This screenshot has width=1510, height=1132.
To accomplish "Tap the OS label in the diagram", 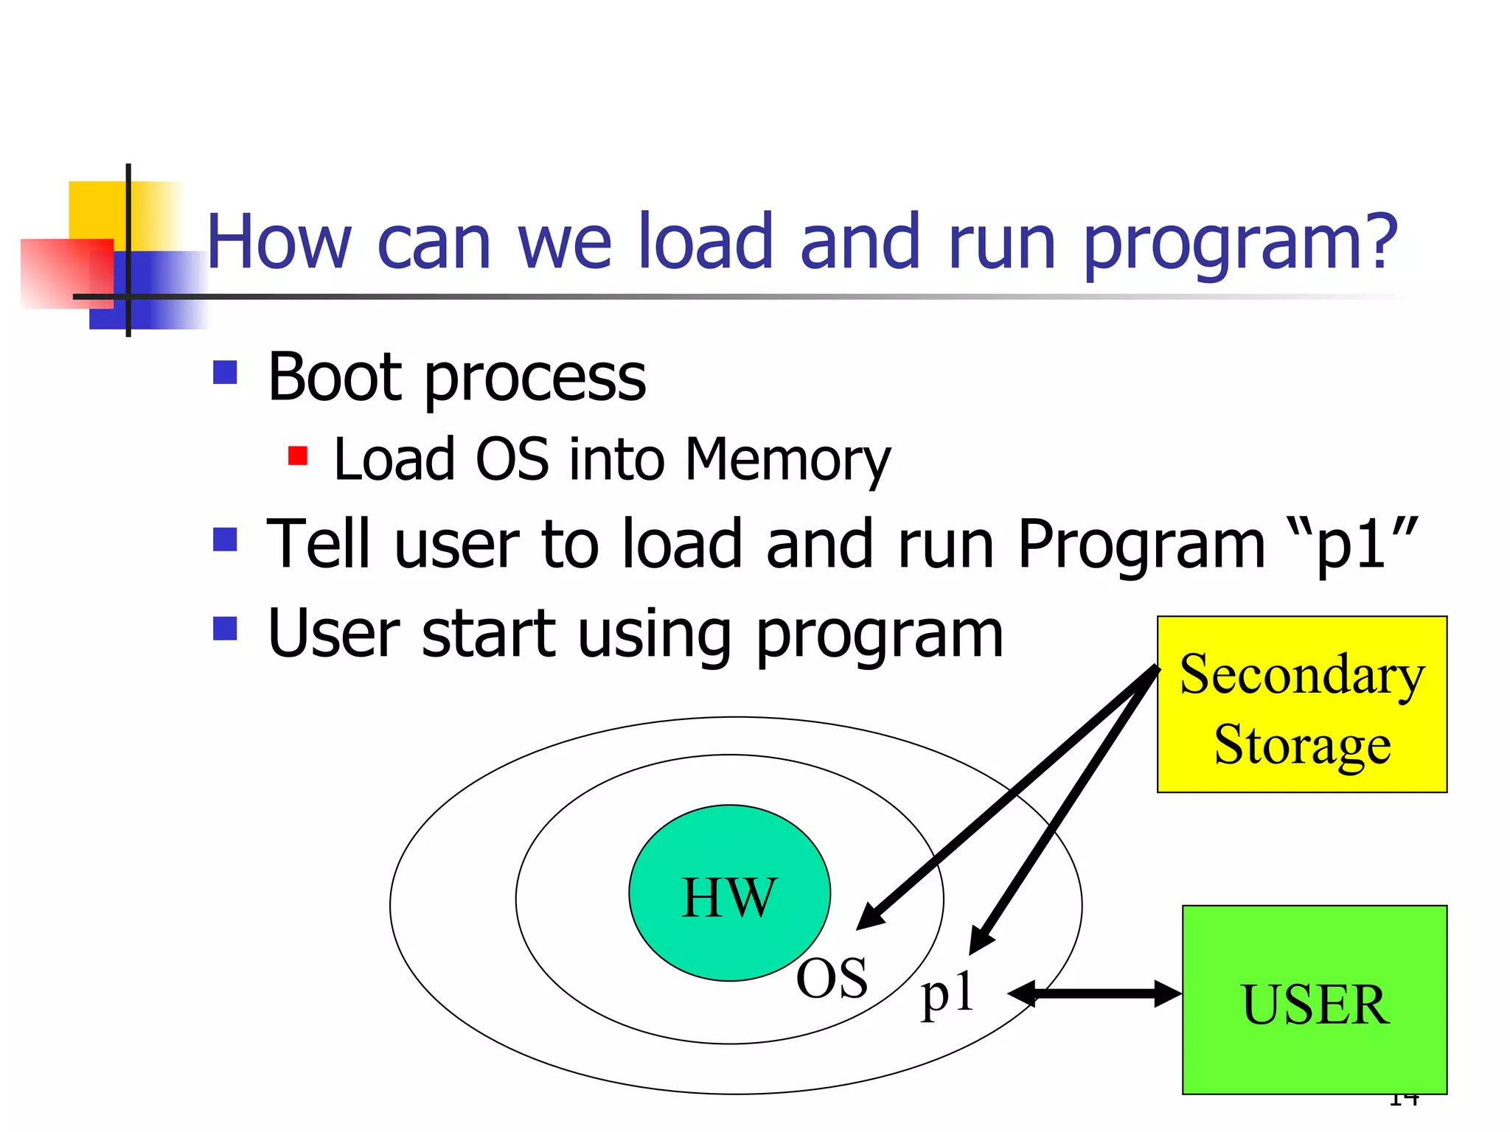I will click(x=832, y=979).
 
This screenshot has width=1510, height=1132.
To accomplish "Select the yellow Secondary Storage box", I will click(x=1301, y=704).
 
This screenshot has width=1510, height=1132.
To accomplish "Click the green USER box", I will click(x=1315, y=999).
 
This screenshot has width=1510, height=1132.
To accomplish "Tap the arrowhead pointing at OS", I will click(x=870, y=916).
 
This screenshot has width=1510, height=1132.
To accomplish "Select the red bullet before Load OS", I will click(x=297, y=455).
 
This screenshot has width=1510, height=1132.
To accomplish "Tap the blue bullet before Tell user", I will click(x=225, y=539).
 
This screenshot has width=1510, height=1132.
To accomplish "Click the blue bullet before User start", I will click(x=225, y=629).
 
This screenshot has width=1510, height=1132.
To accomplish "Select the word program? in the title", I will click(x=1239, y=243).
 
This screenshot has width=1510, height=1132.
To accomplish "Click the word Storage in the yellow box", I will click(x=1302, y=744).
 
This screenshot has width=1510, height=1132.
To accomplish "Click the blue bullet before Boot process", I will click(x=225, y=372).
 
